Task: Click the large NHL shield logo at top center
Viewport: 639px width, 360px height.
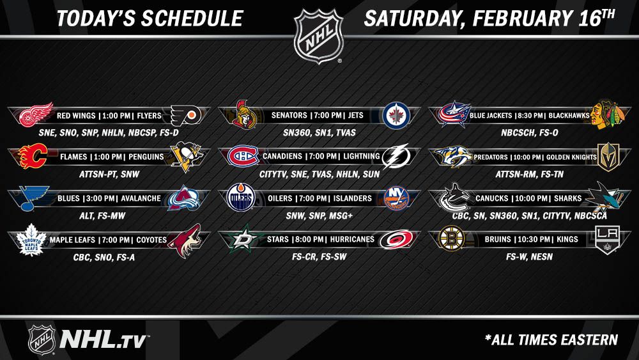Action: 319,36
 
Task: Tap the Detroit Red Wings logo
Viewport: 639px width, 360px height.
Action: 36,114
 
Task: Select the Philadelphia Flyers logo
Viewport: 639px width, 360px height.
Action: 185,116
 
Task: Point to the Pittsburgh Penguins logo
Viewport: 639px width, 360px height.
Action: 187,156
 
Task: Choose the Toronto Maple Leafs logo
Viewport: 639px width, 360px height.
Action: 31,240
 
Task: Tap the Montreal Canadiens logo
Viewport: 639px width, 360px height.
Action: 243,156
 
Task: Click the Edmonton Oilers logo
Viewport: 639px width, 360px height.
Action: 241,198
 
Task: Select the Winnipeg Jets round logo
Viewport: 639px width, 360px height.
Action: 396,115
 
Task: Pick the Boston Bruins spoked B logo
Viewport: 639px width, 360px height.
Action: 451,238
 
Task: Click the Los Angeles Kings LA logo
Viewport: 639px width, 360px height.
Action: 607,240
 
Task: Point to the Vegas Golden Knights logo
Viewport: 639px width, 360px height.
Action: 608,157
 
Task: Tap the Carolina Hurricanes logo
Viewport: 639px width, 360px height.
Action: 396,239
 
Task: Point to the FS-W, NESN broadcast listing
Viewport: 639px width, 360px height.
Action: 529,257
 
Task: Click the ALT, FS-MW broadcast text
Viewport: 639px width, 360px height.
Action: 102,216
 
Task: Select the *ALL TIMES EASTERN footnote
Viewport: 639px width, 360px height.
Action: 551,340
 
